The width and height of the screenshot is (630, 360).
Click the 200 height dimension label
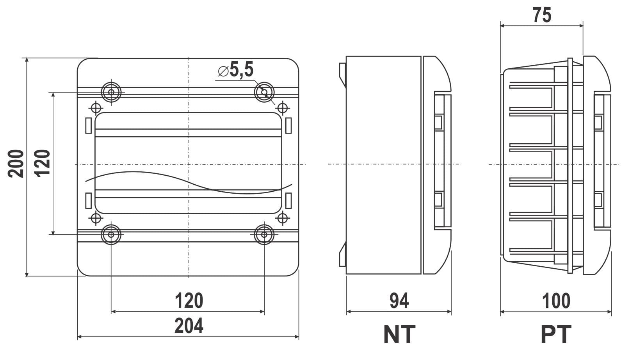(16, 164)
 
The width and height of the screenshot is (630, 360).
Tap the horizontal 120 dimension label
(189, 301)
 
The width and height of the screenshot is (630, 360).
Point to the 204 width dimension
(189, 326)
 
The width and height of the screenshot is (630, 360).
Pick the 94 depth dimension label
(399, 301)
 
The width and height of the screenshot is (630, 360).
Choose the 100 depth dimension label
(556, 301)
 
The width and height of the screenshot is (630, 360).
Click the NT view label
(399, 334)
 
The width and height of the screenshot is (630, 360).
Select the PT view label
(556, 334)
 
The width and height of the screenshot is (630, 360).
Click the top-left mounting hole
(111, 92)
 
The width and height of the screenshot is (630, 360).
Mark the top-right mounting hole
(264, 92)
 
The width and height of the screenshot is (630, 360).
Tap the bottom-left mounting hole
(111, 234)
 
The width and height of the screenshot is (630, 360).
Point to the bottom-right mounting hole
(264, 234)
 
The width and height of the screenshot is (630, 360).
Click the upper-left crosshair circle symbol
(96, 108)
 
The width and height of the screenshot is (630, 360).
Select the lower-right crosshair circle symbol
(282, 218)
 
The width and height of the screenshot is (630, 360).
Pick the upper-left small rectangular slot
(88, 125)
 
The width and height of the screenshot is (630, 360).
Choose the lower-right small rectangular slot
(288, 201)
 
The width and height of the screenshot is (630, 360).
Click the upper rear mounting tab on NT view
(343, 75)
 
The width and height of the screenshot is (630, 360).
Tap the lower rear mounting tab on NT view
(343, 254)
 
